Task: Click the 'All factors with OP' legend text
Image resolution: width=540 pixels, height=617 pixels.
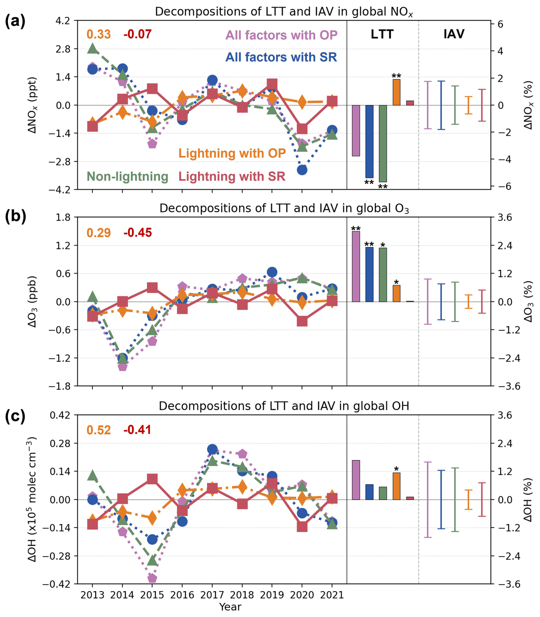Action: (281, 35)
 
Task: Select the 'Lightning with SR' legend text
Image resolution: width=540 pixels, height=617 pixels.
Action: (232, 177)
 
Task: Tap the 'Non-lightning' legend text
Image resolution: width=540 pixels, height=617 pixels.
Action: (127, 177)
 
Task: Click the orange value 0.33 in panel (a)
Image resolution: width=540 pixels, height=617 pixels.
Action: (98, 34)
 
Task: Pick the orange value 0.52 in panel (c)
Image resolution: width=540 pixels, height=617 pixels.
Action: (98, 430)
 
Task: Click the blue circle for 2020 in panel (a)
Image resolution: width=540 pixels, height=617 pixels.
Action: (302, 170)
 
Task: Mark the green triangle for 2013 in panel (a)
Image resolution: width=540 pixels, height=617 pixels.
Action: (92, 48)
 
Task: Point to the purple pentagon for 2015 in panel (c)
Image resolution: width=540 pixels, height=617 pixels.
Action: (152, 578)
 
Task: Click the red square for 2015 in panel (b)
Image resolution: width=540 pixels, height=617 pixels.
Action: (152, 288)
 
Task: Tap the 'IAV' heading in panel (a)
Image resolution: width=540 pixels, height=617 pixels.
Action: (454, 34)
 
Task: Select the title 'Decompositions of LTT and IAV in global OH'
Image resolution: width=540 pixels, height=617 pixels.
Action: (284, 406)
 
